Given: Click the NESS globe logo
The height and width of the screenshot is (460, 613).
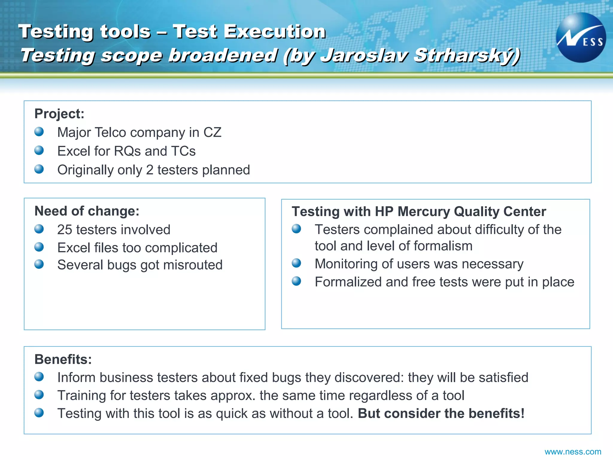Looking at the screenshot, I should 581,38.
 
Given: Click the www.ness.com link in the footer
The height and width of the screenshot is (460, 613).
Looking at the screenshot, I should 573,452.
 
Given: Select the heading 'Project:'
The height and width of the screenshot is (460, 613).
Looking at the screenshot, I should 59,114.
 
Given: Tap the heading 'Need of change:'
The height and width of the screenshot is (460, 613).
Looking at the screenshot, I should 87,211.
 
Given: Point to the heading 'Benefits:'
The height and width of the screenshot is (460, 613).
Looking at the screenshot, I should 63,359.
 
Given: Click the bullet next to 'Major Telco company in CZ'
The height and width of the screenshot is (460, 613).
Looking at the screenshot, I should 39,132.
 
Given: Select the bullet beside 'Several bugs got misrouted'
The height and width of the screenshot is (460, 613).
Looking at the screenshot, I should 39,264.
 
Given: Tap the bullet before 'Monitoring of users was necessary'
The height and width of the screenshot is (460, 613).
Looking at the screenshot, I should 296,263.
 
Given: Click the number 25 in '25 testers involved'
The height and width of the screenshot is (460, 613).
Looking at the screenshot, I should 65,230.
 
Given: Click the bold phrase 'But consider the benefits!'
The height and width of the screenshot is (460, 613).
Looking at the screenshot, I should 441,414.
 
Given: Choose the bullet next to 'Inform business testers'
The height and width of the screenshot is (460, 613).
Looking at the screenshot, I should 39,377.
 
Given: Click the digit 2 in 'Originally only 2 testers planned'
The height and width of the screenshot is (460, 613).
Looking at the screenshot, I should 150,170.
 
